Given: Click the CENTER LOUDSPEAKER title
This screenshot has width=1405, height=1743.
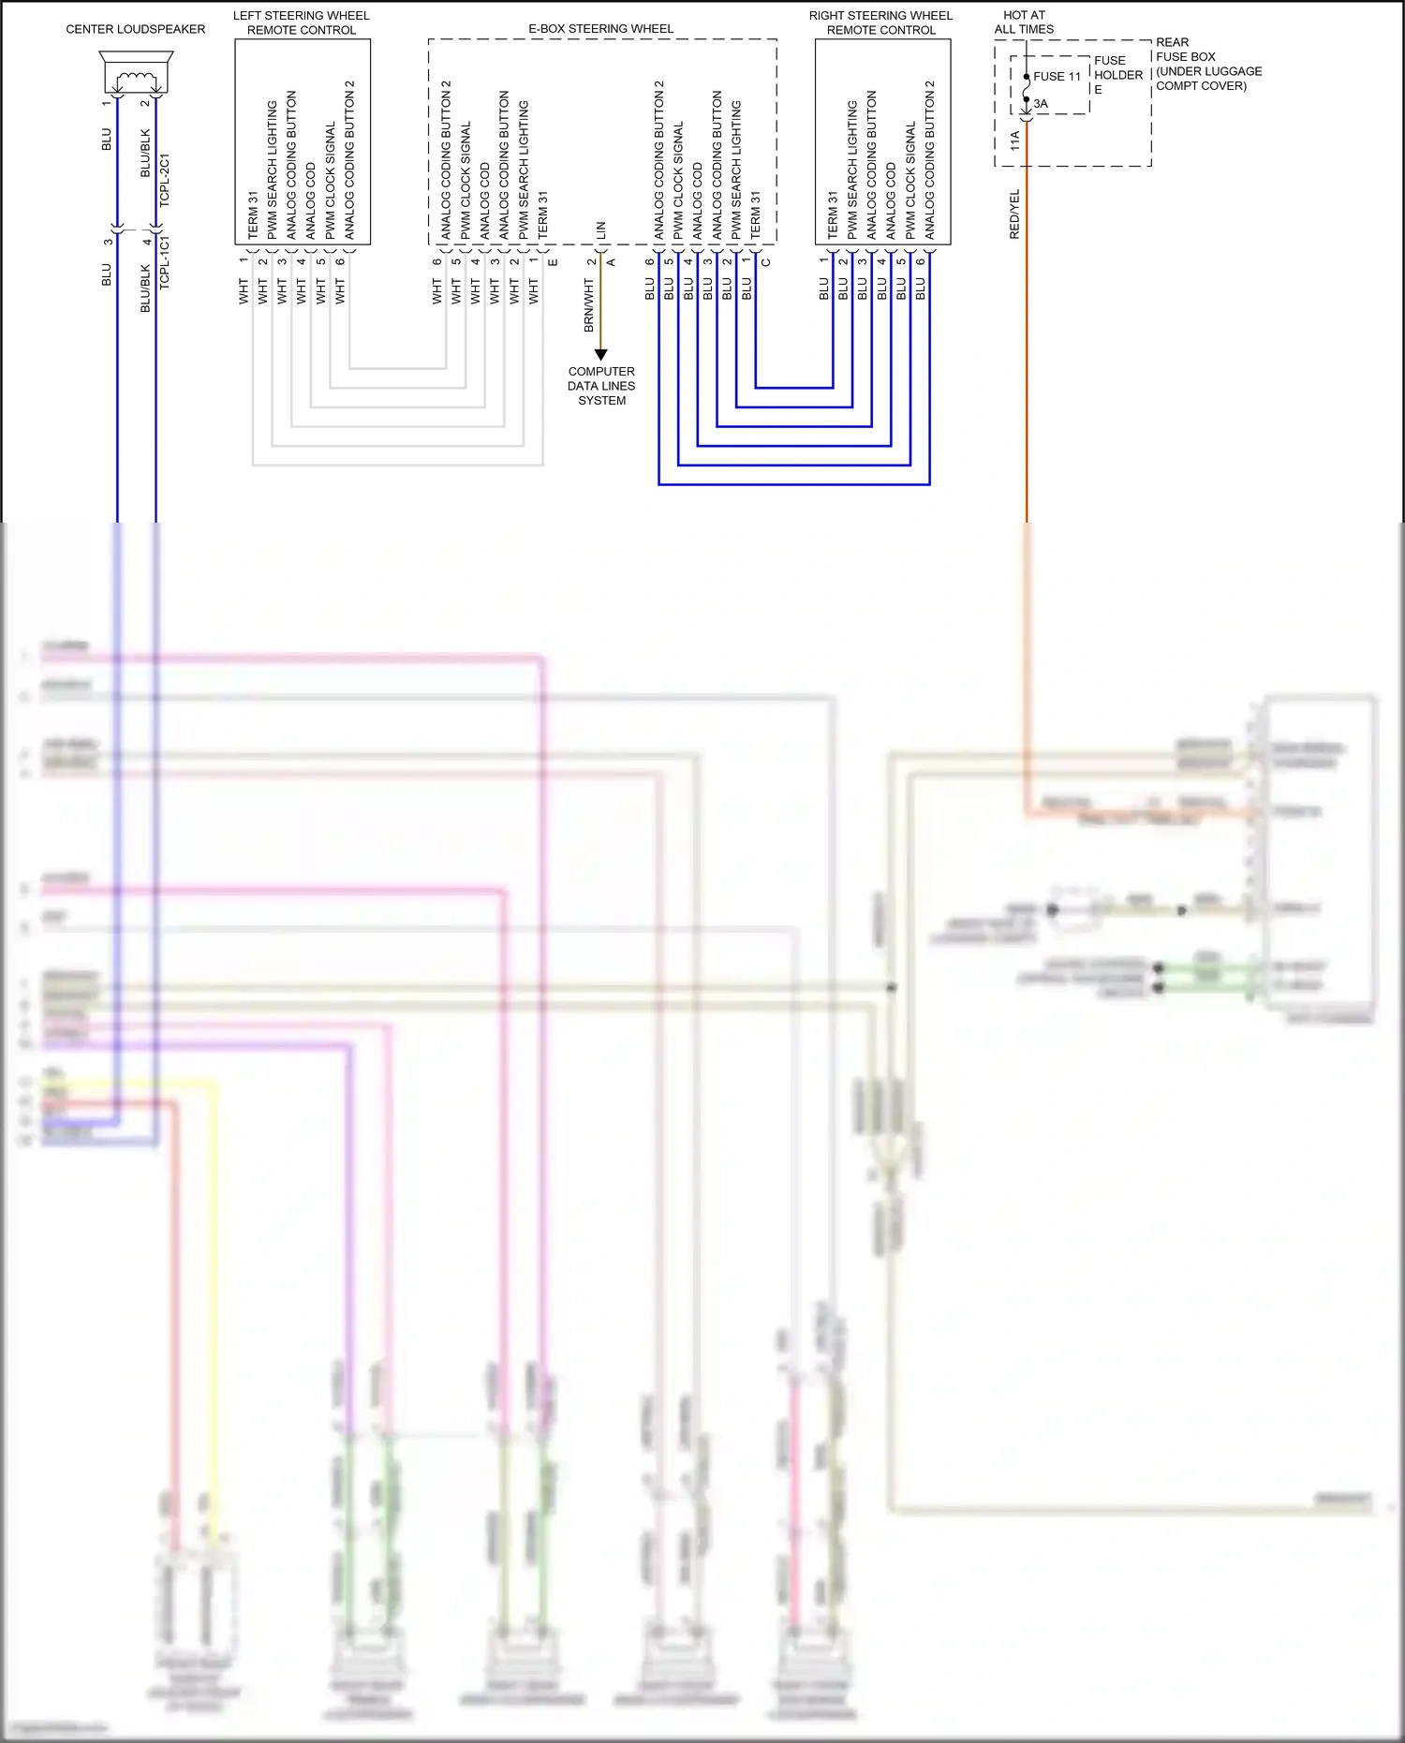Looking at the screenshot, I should [x=135, y=29].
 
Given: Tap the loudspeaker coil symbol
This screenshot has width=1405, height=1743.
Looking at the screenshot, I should [x=136, y=79].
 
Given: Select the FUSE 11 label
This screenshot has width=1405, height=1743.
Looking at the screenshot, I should [x=1057, y=77].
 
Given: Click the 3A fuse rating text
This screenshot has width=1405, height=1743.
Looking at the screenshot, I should [x=1041, y=104].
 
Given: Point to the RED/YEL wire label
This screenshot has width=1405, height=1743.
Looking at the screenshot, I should [x=1014, y=214].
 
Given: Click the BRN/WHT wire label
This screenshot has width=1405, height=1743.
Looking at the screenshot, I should [x=589, y=305].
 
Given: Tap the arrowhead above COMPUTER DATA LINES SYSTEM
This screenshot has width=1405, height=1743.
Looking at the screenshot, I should [x=601, y=354].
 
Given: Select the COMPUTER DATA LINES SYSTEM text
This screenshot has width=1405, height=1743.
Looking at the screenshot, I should [x=601, y=386].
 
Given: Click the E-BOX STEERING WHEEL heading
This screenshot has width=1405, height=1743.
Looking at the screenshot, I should [x=600, y=29].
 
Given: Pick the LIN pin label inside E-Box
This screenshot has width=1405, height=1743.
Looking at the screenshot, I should [x=601, y=229].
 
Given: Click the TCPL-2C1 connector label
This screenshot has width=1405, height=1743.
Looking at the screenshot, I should [x=165, y=180].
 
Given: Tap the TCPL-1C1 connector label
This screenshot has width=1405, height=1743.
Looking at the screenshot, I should [x=165, y=262].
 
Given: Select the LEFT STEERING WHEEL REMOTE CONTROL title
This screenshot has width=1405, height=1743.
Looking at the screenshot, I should [x=301, y=22].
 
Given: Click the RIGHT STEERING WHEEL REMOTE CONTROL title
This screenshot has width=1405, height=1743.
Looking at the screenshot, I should [x=880, y=22].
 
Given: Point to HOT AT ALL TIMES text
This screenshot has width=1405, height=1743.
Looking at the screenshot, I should [x=1024, y=22].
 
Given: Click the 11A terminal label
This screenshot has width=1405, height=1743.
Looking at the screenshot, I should [x=1015, y=141].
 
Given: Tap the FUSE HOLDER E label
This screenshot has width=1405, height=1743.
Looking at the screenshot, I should [x=1117, y=75].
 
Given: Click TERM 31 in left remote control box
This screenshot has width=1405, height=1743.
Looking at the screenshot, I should [x=253, y=215].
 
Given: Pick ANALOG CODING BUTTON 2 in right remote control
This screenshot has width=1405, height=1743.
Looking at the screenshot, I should [x=930, y=159].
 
